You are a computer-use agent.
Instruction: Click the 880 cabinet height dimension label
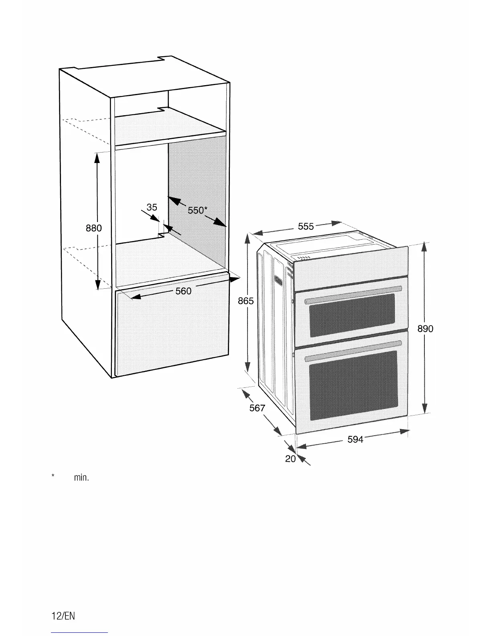pyautogui.click(x=94, y=228)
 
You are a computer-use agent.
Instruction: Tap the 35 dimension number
pyautogui.click(x=152, y=207)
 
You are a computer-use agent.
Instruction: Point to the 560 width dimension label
pyautogui.click(x=183, y=291)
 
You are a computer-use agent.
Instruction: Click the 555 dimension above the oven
pyautogui.click(x=306, y=226)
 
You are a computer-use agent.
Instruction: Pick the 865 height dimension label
pyautogui.click(x=245, y=301)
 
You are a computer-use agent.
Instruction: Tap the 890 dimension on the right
pyautogui.click(x=425, y=329)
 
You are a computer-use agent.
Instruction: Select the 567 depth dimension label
pyautogui.click(x=257, y=408)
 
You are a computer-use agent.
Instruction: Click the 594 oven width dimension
pyautogui.click(x=355, y=439)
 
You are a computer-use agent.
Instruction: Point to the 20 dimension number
pyautogui.click(x=290, y=459)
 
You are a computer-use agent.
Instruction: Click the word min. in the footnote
pyautogui.click(x=81, y=478)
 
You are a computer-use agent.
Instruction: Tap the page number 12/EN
pyautogui.click(x=63, y=616)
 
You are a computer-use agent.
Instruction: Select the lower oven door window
pyautogui.click(x=353, y=385)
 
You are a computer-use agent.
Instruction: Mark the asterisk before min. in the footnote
pyautogui.click(x=53, y=476)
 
